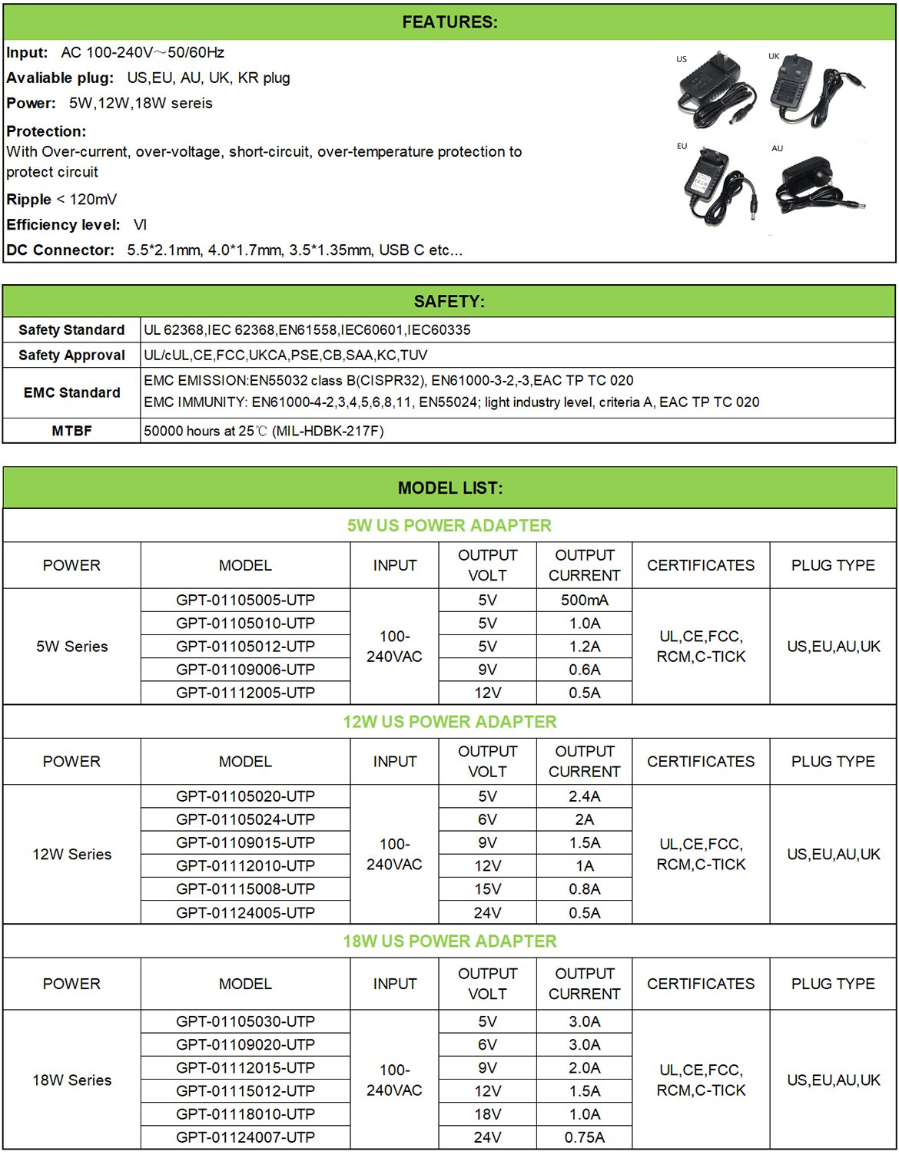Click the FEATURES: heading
point(449,22)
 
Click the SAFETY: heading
point(449,302)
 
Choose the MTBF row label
point(71,431)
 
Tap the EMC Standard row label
point(71,392)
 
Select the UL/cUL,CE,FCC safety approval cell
point(285,355)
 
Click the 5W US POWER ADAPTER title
point(449,525)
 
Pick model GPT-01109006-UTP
point(245,670)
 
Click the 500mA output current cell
point(584,600)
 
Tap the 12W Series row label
point(71,854)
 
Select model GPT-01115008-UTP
point(245,889)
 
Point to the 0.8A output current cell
point(584,889)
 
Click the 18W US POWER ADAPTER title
point(449,941)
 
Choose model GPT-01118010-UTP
point(245,1114)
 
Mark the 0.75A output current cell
point(584,1137)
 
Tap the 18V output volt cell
point(487,1114)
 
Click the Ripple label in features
point(29,200)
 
